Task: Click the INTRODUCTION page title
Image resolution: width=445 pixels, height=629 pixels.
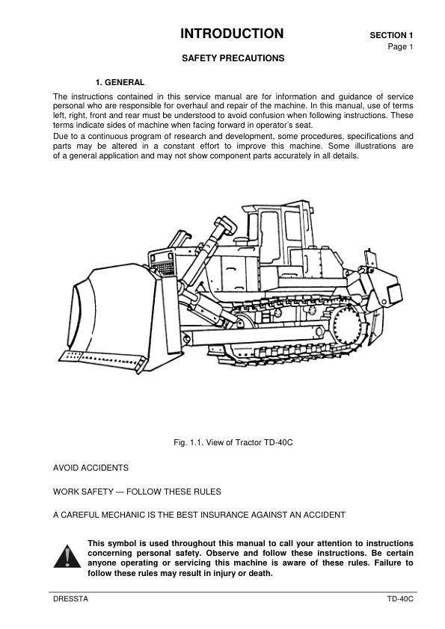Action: click(232, 34)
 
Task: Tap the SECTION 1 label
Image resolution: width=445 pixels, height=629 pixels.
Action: click(391, 35)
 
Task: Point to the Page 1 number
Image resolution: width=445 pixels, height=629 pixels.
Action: click(400, 46)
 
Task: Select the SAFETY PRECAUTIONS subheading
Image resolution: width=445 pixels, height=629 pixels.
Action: click(233, 58)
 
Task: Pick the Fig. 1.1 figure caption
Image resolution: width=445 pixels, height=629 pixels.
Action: click(233, 442)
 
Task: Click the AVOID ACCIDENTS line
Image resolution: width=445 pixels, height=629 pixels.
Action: click(90, 468)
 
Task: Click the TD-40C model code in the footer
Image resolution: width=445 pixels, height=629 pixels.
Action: click(400, 600)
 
